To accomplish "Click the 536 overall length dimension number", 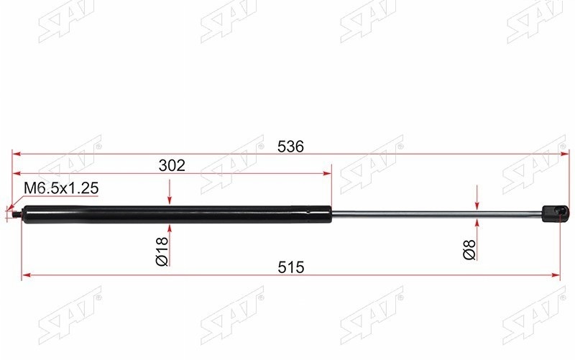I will (x=291, y=146).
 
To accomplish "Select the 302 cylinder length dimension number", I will (x=172, y=166).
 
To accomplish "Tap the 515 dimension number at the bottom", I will (x=291, y=267).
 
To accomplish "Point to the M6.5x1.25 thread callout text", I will (x=61, y=189).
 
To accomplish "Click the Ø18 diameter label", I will (x=162, y=251).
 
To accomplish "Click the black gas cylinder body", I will (x=172, y=214).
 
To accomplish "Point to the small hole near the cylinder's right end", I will (x=309, y=211).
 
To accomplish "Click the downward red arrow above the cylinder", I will (x=170, y=195).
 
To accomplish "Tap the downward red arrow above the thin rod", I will (x=477, y=198).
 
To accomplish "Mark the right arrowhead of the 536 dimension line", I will (x=558, y=154).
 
